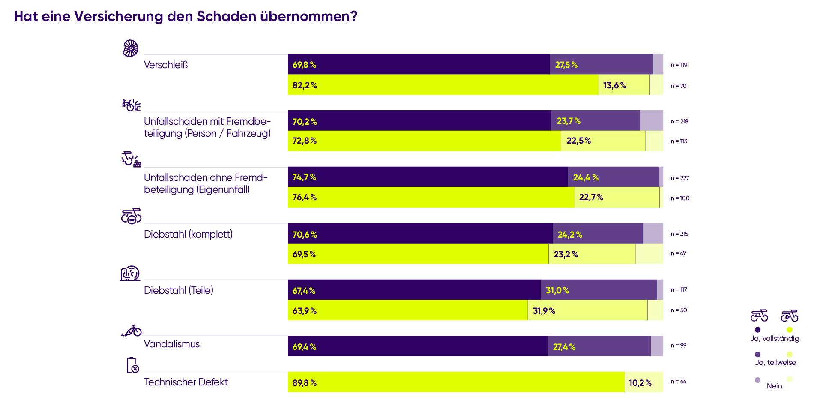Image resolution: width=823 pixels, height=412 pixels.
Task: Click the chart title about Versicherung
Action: [186, 17]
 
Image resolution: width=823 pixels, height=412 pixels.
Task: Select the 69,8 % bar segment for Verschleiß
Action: [419, 64]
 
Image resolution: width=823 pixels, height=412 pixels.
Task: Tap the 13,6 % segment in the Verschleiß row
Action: [624, 85]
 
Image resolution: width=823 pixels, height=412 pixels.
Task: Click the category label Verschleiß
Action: [166, 65]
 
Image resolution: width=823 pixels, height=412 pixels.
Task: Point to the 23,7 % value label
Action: [569, 121]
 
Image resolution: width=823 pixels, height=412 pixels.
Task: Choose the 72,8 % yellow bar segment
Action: [424, 141]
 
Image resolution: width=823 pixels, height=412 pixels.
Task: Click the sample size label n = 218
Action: [679, 122]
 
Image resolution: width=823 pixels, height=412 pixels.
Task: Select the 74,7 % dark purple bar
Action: [428, 177]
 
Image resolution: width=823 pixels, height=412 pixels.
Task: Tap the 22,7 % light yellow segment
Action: [617, 197]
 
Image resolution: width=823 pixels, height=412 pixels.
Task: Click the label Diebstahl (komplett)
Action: [188, 234]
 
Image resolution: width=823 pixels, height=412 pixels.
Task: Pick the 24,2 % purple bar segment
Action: [598, 234]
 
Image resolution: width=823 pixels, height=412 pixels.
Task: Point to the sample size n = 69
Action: [678, 253]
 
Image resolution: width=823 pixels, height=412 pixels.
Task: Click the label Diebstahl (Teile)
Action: [178, 290]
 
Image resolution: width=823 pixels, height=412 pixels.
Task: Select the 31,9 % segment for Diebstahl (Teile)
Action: [587, 310]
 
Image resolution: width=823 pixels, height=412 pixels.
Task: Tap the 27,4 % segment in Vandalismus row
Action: [599, 346]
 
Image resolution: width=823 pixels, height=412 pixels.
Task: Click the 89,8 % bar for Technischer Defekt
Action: [456, 382]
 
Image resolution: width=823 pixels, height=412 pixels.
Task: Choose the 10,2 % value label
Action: [640, 383]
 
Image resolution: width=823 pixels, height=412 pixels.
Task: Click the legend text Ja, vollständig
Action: [775, 339]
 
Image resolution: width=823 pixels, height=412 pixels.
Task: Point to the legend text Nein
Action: [774, 386]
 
